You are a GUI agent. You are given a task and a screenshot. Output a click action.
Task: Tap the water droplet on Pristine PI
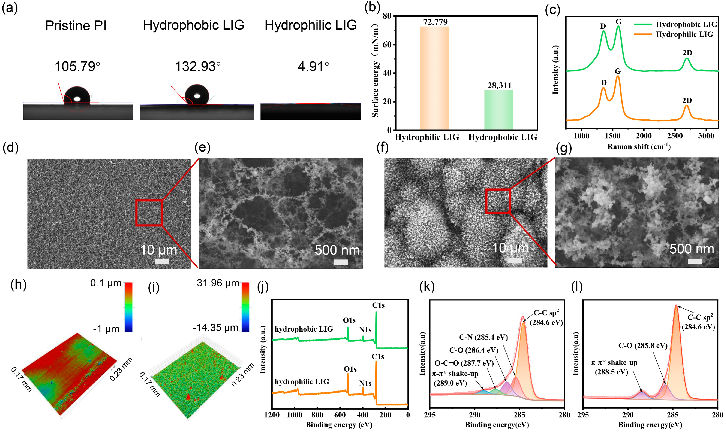coord(77,95)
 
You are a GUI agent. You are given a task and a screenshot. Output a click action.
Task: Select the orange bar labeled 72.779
coord(434,78)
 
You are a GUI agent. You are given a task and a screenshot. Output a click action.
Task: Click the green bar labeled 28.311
coord(499,110)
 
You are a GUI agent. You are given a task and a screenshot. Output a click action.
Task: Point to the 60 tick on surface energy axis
coord(387,44)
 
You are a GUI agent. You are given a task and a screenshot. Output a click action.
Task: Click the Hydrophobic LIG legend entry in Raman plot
coord(686,24)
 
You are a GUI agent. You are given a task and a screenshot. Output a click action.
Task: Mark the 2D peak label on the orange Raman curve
coord(687,100)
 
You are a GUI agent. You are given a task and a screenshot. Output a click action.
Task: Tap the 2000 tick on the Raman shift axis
coord(644,136)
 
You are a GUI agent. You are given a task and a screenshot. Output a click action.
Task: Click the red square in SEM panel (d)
coord(149,213)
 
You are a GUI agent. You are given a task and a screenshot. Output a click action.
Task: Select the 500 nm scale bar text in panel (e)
coord(337,250)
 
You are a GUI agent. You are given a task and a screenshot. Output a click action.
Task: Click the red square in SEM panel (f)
coord(498,201)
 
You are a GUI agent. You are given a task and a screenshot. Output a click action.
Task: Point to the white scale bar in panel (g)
coord(694,261)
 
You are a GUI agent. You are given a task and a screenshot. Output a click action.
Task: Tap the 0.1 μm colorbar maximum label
coord(106,283)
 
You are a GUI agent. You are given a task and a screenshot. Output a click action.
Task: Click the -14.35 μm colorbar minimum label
coord(215,327)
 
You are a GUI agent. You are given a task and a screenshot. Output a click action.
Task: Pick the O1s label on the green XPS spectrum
coord(349,321)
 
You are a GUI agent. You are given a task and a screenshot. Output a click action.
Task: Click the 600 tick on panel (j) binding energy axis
coord(340,415)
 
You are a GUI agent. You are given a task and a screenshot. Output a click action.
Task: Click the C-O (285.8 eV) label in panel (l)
coord(643,346)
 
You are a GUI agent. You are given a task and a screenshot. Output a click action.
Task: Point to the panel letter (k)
coord(427,287)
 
